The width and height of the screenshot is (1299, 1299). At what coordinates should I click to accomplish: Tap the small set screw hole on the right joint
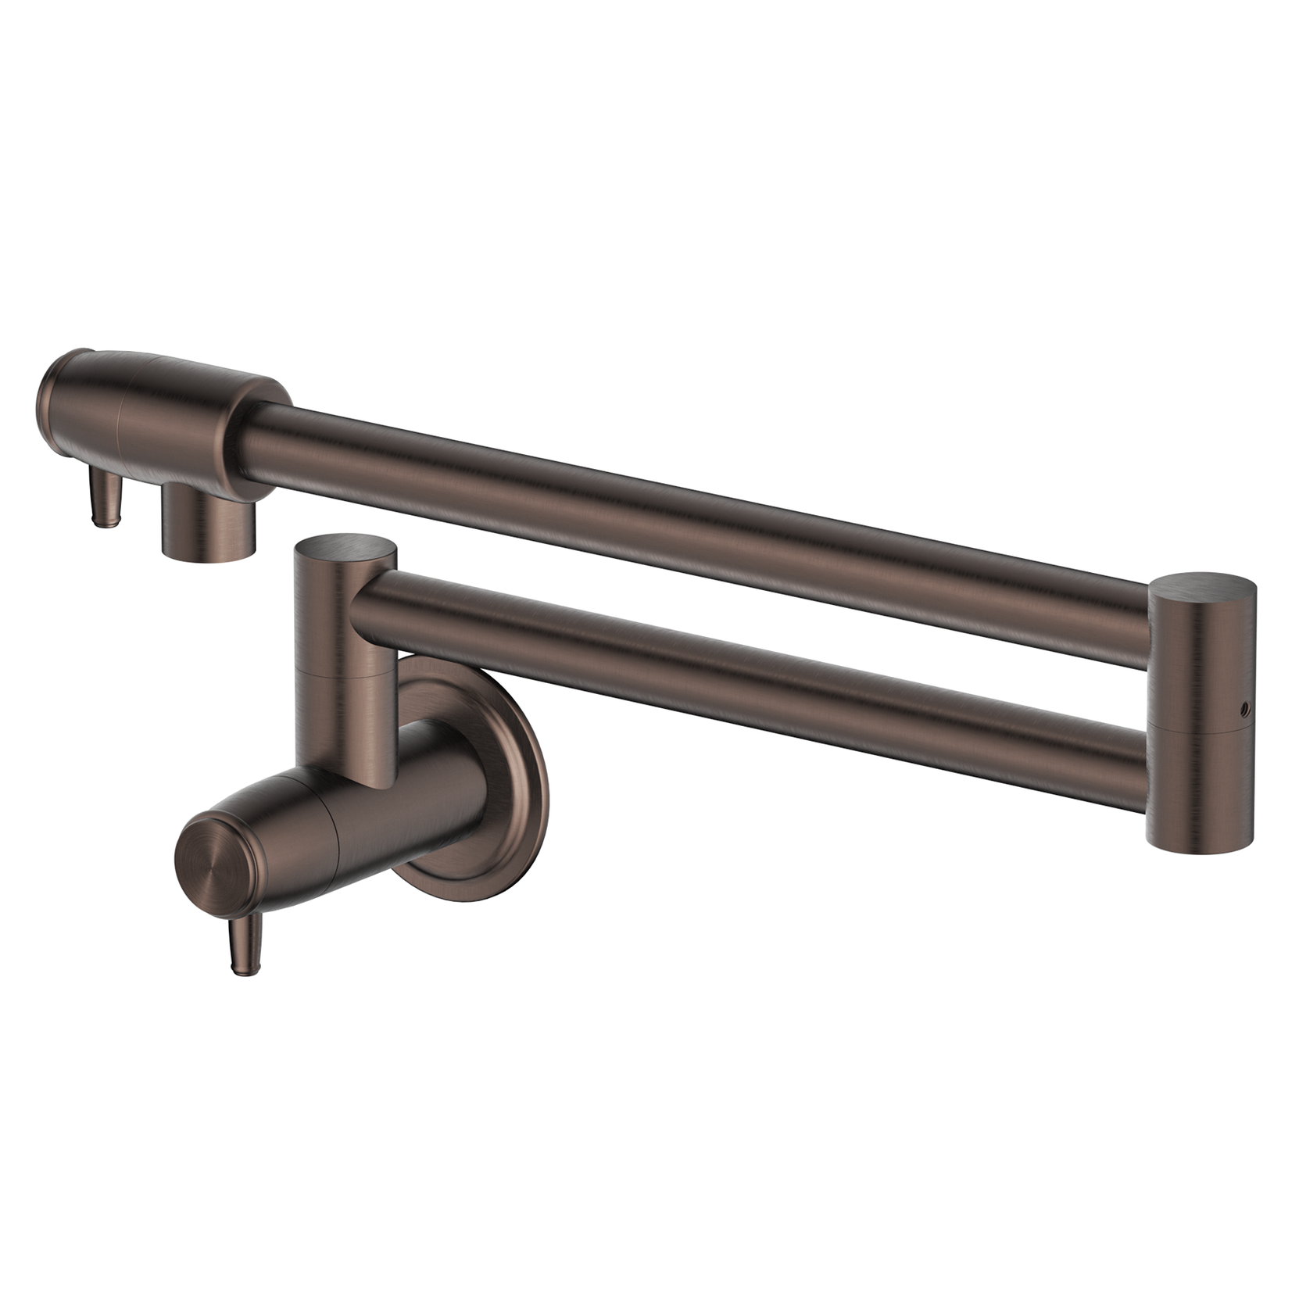point(1242,710)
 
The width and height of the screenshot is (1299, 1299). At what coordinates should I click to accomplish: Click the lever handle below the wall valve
point(241,942)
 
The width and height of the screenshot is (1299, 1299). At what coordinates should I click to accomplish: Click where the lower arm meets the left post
point(367,614)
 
